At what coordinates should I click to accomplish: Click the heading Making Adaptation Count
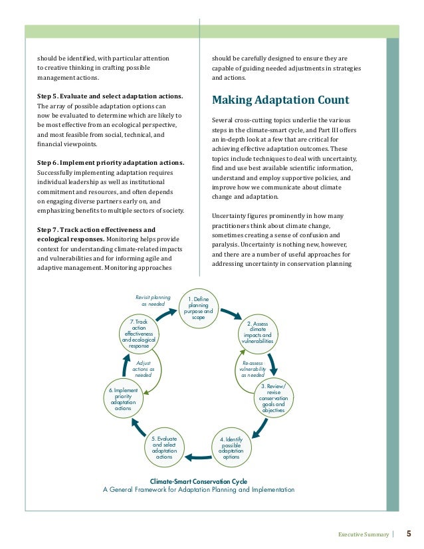coord(280,101)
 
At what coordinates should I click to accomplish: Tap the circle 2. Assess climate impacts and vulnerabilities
coord(257,334)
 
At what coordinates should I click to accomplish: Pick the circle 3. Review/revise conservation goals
coord(272,398)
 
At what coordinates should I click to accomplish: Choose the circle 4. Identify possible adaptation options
coord(231,449)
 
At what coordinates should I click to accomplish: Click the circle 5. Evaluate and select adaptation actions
coord(163,449)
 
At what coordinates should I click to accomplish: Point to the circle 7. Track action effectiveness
coord(139,334)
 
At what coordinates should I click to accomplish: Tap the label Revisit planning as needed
coord(153,300)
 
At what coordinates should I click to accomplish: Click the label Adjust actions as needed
coord(144,368)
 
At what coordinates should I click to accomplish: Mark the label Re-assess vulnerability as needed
coord(253,368)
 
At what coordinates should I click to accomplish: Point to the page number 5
coord(409,532)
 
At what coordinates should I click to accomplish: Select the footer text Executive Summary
coord(363,533)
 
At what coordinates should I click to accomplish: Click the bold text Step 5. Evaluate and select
coord(110,96)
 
